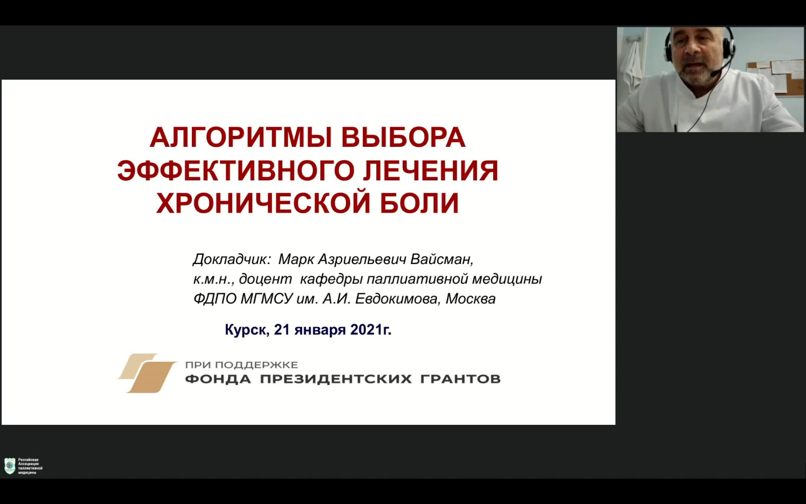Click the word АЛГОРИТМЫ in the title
(x=241, y=137)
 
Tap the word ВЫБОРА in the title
(x=403, y=137)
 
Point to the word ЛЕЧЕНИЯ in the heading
(x=431, y=171)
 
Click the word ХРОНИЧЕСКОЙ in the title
(x=263, y=203)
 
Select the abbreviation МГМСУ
(x=266, y=299)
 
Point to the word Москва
(x=471, y=299)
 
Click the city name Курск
(x=247, y=330)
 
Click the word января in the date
(x=320, y=330)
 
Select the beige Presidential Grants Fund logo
(x=147, y=373)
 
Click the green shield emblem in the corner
(x=10, y=466)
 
